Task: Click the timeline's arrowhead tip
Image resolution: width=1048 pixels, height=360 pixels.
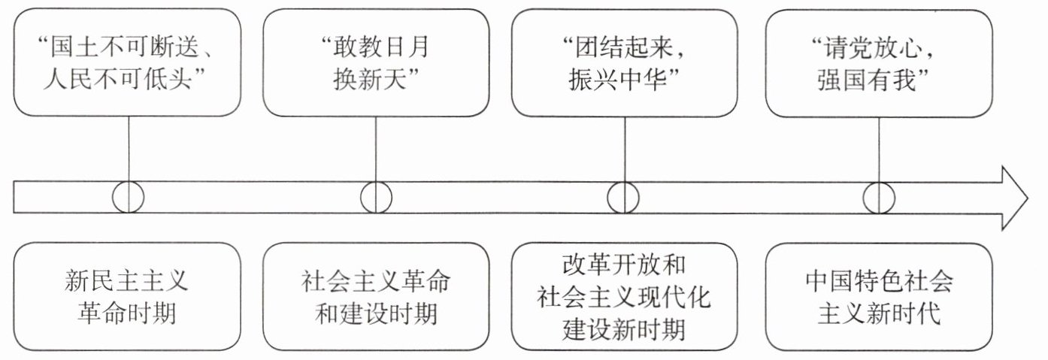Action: coord(1028,198)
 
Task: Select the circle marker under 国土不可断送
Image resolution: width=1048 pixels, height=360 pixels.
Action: coord(113,198)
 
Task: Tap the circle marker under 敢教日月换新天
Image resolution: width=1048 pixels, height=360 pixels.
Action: coord(361,198)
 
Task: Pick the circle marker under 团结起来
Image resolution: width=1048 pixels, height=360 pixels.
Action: coord(607,198)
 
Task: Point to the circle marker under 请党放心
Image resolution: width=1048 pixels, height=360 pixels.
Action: coord(864,198)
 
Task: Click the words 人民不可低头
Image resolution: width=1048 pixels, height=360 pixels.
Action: coord(118,79)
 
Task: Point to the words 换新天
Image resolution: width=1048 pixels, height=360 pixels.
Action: coord(369,79)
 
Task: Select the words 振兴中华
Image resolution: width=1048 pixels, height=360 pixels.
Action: coord(617,79)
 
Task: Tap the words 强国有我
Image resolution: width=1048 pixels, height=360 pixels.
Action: coord(867,80)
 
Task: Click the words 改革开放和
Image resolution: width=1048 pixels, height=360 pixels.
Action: coord(624,265)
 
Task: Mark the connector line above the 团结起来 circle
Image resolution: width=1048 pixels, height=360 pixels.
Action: coord(625,150)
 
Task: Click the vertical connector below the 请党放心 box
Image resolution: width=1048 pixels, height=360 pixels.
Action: coord(879,150)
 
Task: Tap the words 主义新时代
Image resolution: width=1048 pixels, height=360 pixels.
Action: coord(879,313)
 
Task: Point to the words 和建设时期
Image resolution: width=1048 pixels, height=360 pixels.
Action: coord(376,313)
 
